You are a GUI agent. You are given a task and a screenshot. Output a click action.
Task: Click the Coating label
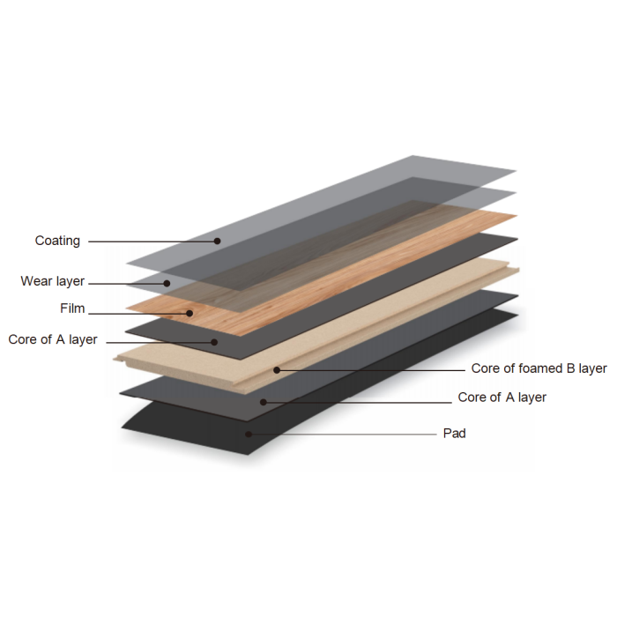(57, 241)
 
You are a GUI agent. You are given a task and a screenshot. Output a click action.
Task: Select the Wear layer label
(53, 281)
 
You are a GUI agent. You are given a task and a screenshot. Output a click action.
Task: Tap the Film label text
(71, 309)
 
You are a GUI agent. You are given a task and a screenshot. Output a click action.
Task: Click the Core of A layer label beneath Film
(53, 339)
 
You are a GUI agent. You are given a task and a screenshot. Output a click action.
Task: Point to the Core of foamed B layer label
(539, 368)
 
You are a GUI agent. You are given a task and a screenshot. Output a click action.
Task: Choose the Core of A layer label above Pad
(502, 398)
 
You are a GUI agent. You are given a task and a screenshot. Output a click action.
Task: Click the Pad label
(455, 433)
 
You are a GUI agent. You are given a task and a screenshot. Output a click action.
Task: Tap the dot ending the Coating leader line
(217, 241)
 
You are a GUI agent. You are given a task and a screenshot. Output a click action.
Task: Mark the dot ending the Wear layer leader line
(167, 283)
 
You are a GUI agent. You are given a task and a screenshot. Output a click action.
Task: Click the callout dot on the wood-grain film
(189, 312)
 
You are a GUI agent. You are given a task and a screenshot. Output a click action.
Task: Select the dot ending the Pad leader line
(249, 434)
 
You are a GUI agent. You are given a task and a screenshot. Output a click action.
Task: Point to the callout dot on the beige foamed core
(277, 369)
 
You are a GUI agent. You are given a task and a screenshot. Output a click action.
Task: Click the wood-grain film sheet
(353, 264)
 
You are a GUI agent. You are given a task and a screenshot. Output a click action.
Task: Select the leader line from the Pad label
(344, 434)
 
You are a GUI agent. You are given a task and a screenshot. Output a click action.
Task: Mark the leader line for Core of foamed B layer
(370, 369)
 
